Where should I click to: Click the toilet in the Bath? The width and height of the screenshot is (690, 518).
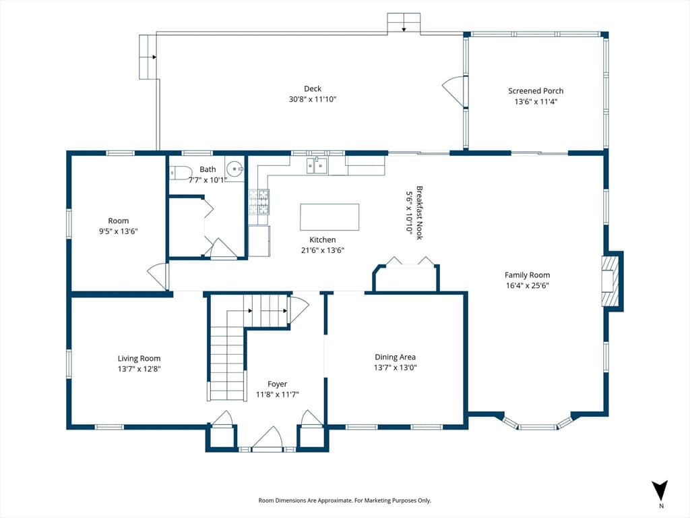(x=181, y=172)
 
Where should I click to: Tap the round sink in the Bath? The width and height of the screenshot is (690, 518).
(x=234, y=168)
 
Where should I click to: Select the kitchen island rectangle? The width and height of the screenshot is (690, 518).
(x=330, y=217)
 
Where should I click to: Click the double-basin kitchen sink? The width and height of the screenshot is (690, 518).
(x=317, y=166)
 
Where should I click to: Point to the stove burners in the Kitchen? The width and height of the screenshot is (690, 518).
(x=259, y=202)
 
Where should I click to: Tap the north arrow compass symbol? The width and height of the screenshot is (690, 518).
(x=660, y=491)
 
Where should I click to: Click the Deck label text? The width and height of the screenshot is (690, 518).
(x=313, y=88)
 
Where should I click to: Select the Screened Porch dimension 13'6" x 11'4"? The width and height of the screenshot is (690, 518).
(x=536, y=101)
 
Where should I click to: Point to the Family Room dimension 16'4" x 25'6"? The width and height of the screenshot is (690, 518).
(x=527, y=285)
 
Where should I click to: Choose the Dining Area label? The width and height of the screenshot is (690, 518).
(x=395, y=357)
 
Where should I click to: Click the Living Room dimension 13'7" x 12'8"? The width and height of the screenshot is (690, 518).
(x=139, y=369)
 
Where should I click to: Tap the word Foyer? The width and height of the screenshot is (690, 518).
(x=277, y=384)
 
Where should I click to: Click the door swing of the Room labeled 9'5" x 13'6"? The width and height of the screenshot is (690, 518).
(x=158, y=276)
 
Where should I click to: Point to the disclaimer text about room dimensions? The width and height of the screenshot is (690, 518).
(x=344, y=500)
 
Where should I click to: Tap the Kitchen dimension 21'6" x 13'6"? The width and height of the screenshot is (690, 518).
(x=323, y=250)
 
